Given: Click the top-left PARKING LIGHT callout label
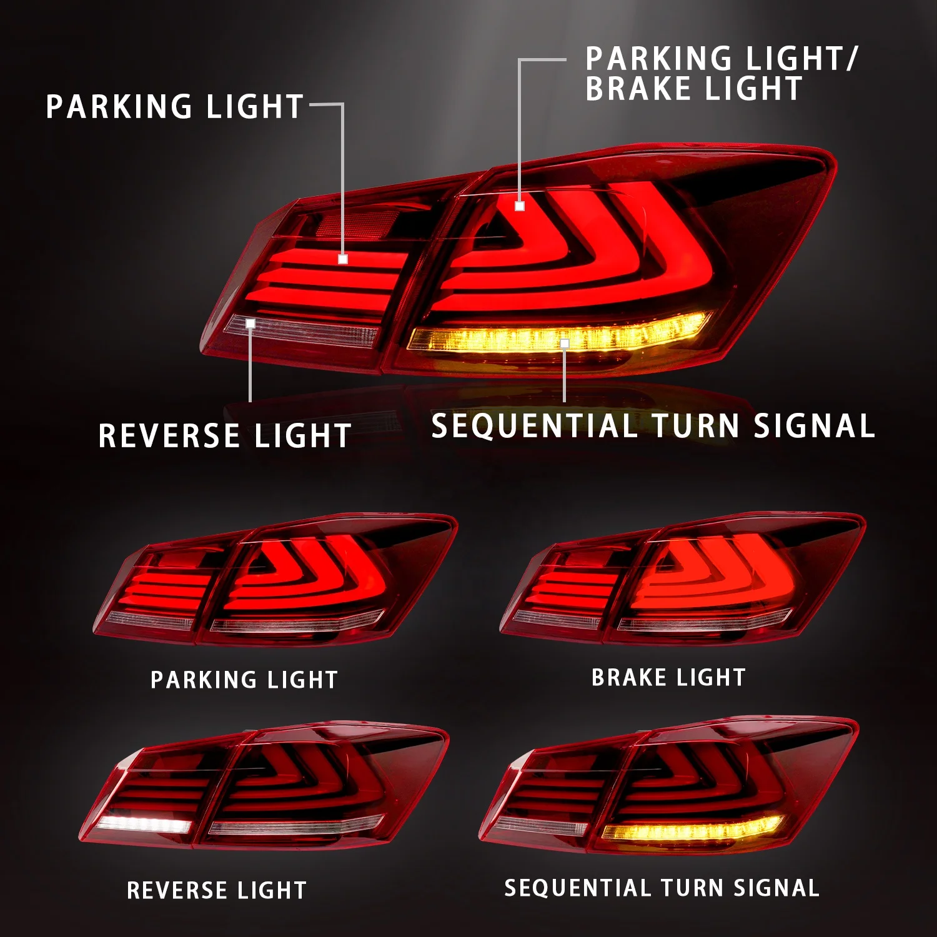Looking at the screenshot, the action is (x=175, y=106).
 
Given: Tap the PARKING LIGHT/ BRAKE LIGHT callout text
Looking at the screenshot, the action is (x=721, y=74).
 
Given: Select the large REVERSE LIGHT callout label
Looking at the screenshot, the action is (x=224, y=435).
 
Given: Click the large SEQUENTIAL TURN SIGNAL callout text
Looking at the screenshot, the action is (x=653, y=426).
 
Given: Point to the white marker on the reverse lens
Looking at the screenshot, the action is (x=250, y=324).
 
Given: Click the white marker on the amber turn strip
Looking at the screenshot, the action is (x=565, y=344).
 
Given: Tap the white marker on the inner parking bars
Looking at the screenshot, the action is (x=343, y=259).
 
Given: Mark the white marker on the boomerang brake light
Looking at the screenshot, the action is (x=520, y=206).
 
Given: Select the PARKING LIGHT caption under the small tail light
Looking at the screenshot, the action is (x=244, y=680).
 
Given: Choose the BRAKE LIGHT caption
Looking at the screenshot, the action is (x=668, y=678).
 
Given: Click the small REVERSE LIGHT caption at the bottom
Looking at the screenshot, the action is (x=216, y=890).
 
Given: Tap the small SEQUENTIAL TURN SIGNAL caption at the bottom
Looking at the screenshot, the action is (x=662, y=888).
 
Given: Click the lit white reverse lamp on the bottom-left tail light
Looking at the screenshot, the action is (x=144, y=825).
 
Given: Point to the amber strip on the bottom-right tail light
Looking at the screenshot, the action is (x=693, y=830).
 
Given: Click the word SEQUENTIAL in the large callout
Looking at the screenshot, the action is (x=534, y=426).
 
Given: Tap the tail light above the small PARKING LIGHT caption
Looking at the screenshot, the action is (x=275, y=581).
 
